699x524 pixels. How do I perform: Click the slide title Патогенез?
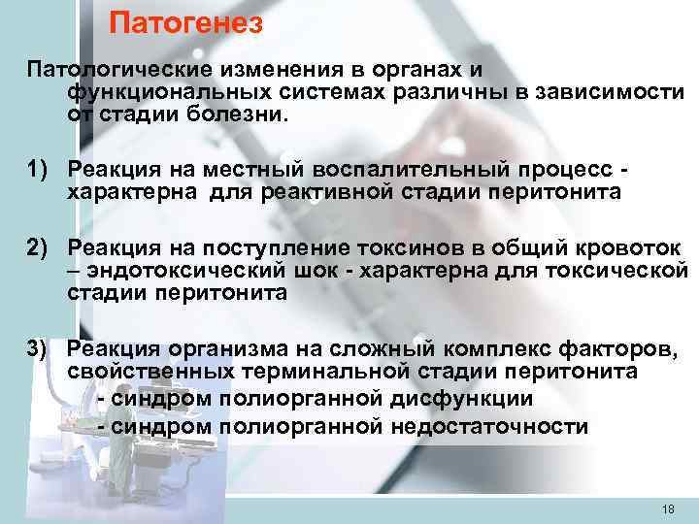tap(185, 22)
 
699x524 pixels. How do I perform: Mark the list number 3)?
tap(42, 348)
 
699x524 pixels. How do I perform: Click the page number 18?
tap(667, 509)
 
